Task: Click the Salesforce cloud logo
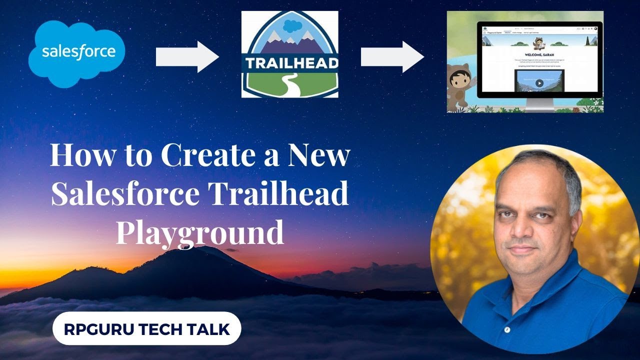[x=76, y=52]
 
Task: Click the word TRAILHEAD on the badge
[x=290, y=63]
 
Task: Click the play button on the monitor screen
[x=539, y=83]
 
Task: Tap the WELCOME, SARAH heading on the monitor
[x=539, y=53]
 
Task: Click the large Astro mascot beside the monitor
[x=460, y=82]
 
